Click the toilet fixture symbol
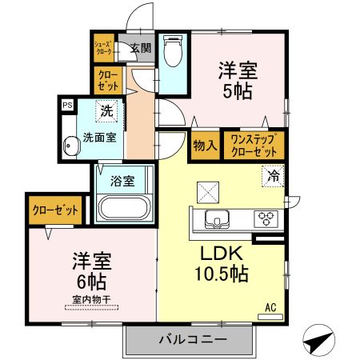(x=171, y=54)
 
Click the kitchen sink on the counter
(x=217, y=218)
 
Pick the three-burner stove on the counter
(x=265, y=218)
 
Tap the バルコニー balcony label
(x=191, y=339)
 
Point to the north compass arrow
(x=318, y=339)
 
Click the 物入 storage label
(x=204, y=146)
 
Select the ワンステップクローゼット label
(x=254, y=145)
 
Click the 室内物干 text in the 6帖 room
(x=90, y=300)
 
